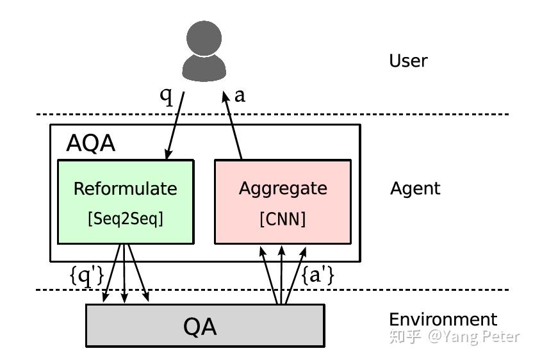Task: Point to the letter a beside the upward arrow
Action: coord(240,95)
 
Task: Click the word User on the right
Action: coord(408,61)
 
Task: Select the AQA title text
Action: coord(90,143)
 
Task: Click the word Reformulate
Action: coord(125,188)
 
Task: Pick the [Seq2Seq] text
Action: coord(125,218)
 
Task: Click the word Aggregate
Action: coord(283,188)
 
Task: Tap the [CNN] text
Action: coord(283,218)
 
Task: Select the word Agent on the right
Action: coord(415,188)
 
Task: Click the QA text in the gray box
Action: coord(200,327)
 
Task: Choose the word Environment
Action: coord(443,319)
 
